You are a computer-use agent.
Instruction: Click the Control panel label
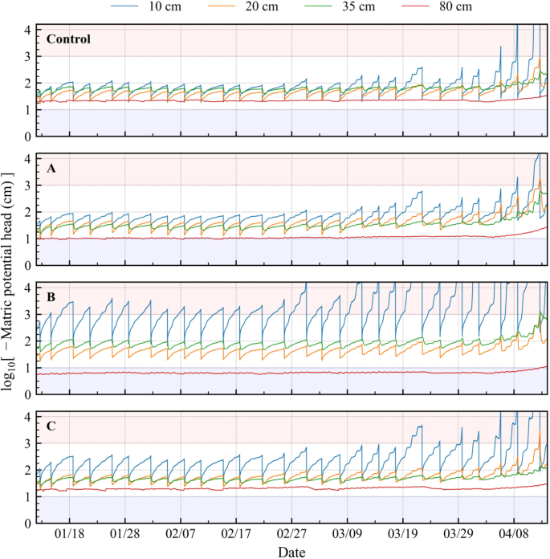(x=68, y=39)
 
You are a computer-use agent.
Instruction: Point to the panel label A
(x=51, y=169)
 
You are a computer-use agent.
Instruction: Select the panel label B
(x=51, y=298)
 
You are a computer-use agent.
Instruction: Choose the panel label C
(x=51, y=426)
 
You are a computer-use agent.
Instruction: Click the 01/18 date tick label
(x=69, y=533)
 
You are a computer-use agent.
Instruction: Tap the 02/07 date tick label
(x=180, y=533)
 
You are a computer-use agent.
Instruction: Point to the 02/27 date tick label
(x=291, y=533)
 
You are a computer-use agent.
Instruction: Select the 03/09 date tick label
(x=347, y=533)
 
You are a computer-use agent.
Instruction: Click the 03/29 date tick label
(x=458, y=533)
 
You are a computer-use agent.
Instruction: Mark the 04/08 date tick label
(x=514, y=533)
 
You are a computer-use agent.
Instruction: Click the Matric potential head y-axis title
(x=10, y=275)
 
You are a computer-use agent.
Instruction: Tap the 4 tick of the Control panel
(x=26, y=30)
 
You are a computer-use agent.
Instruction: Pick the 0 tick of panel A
(x=26, y=265)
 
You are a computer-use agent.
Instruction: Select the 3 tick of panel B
(x=26, y=314)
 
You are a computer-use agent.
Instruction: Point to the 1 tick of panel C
(x=26, y=497)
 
